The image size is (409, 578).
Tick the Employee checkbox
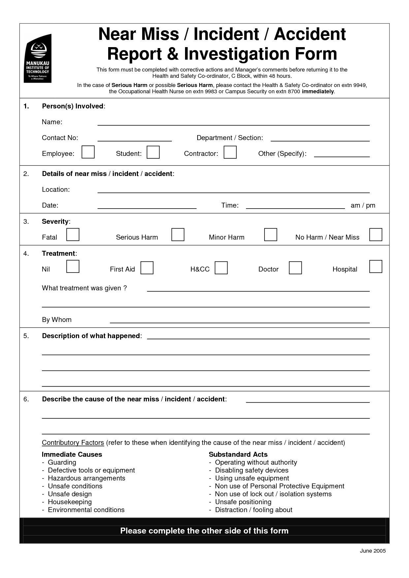88,152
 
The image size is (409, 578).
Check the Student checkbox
153,152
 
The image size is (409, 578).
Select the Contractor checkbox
230,152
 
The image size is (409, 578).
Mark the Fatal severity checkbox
73,235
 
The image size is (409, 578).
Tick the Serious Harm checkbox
178,235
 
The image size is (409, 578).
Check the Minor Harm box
270,235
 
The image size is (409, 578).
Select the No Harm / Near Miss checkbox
376,235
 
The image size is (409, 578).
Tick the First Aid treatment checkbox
147,268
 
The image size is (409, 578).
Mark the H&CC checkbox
221,268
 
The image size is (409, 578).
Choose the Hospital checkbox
376,267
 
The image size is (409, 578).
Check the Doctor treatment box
295,268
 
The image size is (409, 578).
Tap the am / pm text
363,206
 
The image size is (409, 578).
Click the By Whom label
57,320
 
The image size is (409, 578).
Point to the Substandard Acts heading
238,454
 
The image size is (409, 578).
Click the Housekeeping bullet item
70,502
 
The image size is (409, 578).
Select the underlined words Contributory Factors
73,443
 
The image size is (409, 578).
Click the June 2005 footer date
372,551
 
